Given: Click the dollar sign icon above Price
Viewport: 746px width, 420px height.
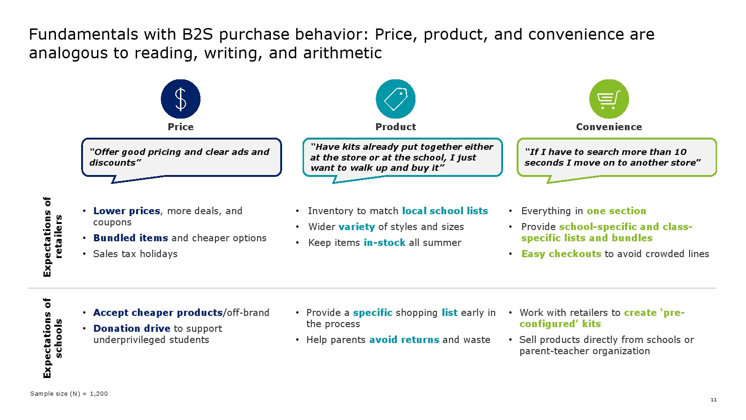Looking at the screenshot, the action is point(180,99).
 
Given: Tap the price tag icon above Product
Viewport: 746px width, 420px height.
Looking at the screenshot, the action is point(396,99).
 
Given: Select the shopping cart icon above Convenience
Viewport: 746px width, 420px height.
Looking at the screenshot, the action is point(609,99).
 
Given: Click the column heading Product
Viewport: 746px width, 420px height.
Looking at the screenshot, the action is point(396,126).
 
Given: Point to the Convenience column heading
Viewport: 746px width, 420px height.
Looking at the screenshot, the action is point(609,126).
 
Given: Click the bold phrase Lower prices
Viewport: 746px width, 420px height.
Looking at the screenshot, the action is point(126,211).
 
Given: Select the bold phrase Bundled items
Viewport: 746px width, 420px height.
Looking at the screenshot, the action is point(131,238).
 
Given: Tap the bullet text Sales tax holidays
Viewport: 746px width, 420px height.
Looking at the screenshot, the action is point(135,254).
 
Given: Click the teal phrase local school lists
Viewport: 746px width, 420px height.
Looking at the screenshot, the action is point(445,211).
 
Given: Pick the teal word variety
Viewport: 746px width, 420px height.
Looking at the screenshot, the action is point(357,227).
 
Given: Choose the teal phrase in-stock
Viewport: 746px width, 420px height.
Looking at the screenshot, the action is point(384,243).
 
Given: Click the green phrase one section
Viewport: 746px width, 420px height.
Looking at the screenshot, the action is point(616,211).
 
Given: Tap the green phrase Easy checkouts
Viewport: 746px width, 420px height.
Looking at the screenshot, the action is point(561,254).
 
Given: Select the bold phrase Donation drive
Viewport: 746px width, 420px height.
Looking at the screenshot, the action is point(132,329).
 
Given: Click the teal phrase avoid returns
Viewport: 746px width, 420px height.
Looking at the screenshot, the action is point(404,340).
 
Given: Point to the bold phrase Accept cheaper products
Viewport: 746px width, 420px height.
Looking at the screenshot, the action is point(158,313).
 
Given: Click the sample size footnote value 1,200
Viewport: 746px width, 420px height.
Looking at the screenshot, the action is point(99,394).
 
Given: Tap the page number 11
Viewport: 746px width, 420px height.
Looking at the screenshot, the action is point(714,399).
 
